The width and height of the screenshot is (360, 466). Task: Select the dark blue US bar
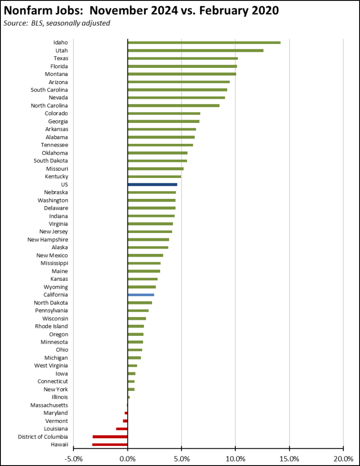(152, 185)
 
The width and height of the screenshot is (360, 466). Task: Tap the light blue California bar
(141, 295)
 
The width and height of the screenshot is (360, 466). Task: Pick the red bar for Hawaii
(110, 445)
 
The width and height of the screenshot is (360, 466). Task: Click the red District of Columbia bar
(110, 437)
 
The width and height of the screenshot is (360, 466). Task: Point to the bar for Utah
(196, 51)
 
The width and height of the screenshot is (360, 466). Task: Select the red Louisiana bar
(122, 429)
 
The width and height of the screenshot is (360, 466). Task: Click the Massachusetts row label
(49, 405)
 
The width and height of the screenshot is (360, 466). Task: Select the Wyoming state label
(56, 287)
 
